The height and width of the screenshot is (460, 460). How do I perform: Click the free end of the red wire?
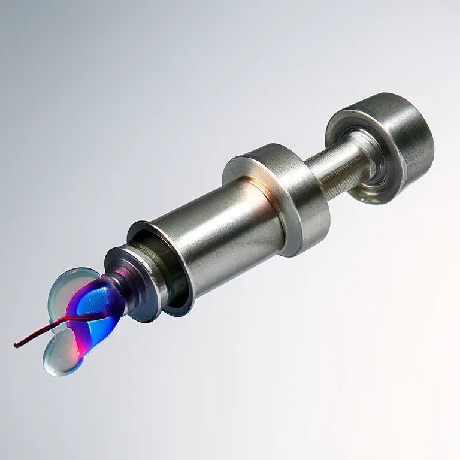16,345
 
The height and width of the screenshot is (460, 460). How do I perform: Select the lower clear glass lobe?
57,357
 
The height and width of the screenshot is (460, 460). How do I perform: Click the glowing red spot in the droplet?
78,353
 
